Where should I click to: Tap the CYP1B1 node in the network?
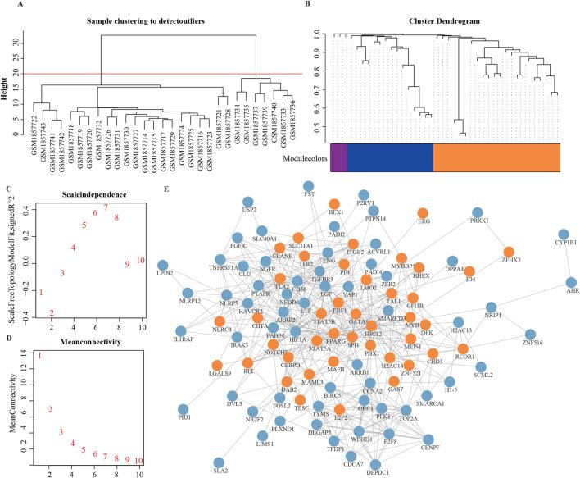click(564, 234)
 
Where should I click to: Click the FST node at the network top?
click(309, 187)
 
